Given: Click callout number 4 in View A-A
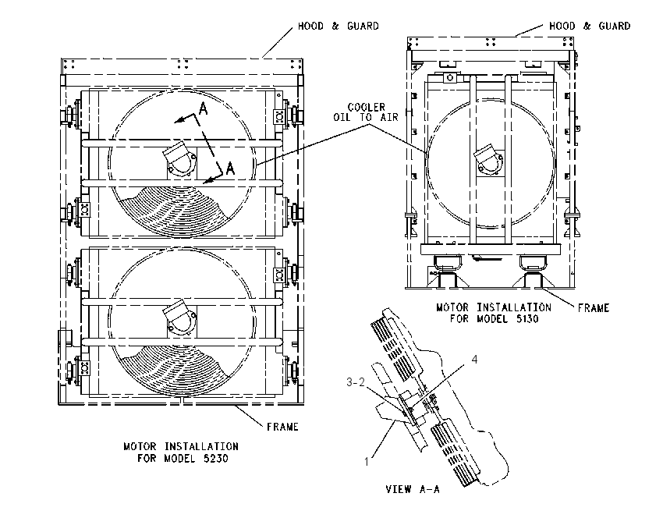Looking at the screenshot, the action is point(474,360).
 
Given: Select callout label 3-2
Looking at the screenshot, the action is point(356,382).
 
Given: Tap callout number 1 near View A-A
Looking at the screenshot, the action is point(367,462).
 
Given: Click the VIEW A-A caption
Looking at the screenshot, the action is point(413,489).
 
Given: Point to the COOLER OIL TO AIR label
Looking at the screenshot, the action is point(366,112).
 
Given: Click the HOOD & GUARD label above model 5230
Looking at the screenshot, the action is point(339,27).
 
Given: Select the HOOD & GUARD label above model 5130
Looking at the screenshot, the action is point(590,27).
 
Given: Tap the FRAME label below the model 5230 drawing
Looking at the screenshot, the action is point(282,427).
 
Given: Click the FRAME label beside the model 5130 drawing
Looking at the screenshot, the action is point(594,308).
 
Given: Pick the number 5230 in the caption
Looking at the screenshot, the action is point(215,459).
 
